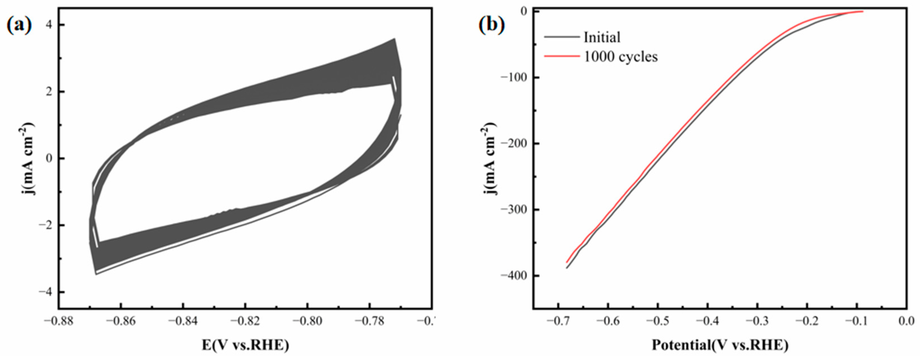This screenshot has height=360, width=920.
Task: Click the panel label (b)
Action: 492,26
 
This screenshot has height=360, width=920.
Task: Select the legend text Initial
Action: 602,37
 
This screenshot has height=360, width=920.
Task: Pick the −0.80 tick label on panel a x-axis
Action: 307,321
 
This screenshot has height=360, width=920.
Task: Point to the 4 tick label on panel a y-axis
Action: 49,25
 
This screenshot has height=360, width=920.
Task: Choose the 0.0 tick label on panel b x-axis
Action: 906,321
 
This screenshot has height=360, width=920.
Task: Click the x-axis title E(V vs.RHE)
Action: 245,345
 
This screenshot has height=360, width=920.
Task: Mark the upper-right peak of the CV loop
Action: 394,39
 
